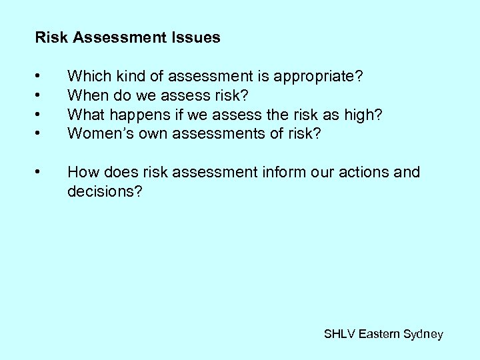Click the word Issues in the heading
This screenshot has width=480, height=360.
199,38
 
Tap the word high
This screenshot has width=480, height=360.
363,115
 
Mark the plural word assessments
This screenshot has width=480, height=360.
220,134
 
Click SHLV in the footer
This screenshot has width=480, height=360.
339,334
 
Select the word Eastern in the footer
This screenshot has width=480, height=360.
380,334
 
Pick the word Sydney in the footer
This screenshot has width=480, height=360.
423,334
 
